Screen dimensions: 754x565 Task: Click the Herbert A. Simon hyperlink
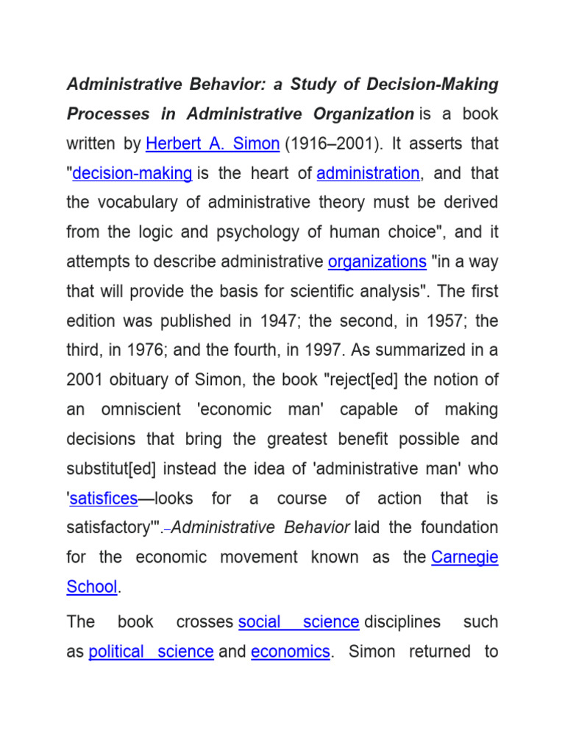[213, 144]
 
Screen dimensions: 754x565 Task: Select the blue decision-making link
[132, 173]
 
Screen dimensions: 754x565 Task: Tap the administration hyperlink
[368, 173]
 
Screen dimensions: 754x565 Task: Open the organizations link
[377, 261]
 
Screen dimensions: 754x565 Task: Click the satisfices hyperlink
[104, 498]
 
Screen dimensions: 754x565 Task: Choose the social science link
[299, 621]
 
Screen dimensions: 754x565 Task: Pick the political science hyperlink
[151, 652]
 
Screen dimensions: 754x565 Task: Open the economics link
[291, 652]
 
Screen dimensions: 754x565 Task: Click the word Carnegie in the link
[464, 557]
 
